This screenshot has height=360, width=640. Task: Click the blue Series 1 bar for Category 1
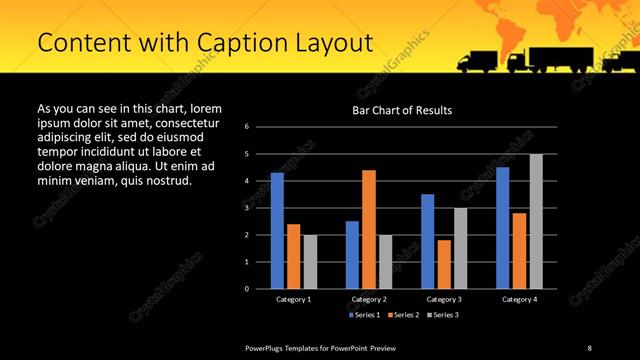point(277,231)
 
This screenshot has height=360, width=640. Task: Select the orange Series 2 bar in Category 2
point(369,229)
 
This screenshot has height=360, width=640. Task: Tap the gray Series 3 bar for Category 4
point(536,221)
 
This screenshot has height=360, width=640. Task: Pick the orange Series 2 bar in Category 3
point(444,264)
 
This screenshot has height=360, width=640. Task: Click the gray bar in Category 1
point(310,262)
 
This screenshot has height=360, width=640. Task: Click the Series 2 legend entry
point(406,315)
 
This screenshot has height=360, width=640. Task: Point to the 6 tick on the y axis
point(260,127)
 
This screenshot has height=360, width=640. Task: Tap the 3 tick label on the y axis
point(260,208)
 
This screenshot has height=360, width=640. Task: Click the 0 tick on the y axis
point(260,289)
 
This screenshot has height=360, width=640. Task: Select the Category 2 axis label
point(369,299)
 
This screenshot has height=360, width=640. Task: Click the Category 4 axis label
point(519,299)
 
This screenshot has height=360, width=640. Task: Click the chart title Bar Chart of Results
point(402,109)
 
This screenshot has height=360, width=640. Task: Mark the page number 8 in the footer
point(589,347)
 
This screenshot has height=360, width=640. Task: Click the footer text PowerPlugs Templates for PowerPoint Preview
point(321,347)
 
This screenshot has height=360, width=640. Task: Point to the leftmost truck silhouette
point(477,62)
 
